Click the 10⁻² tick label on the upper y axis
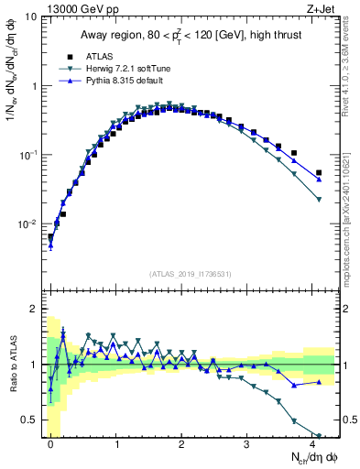[x=28, y=224]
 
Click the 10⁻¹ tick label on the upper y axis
[x=28, y=155]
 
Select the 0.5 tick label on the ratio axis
[x=30, y=420]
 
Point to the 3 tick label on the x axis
[x=247, y=443]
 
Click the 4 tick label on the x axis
[x=312, y=443]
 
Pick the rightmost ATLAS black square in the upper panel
[x=319, y=172]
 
